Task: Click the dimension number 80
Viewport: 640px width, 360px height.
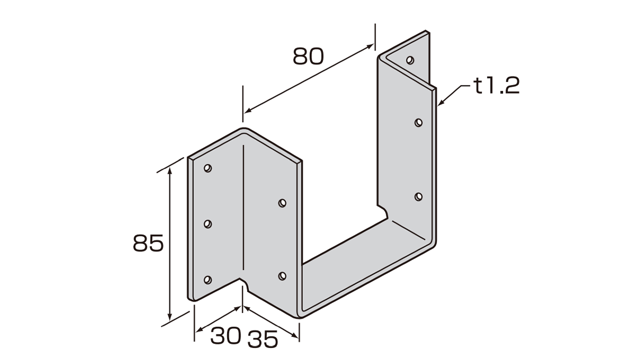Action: (308, 56)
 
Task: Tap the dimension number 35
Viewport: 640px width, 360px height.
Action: (262, 340)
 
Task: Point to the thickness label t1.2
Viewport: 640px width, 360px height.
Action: (497, 86)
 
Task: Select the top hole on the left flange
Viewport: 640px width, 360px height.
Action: (208, 168)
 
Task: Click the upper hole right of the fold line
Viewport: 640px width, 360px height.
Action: (282, 203)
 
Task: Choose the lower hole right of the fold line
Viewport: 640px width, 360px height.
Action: (282, 275)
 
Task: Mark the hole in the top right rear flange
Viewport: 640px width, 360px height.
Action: (410, 60)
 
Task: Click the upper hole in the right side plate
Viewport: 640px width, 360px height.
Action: (419, 122)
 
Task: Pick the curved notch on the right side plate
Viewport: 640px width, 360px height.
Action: (384, 213)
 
